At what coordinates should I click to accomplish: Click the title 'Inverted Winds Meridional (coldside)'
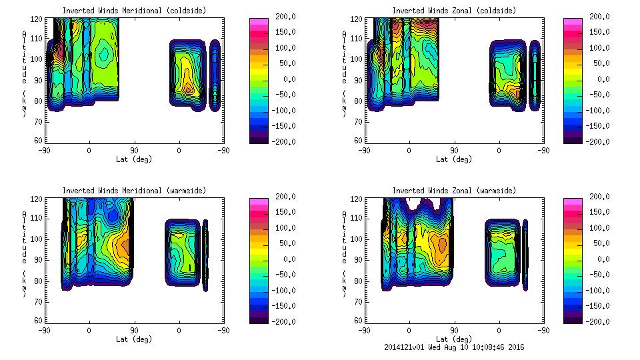click(134, 11)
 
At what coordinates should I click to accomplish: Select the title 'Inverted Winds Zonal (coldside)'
click(453, 11)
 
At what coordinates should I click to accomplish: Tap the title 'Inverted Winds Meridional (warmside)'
click(134, 191)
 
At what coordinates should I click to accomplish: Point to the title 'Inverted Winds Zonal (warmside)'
click(453, 191)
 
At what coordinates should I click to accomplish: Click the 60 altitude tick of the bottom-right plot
click(359, 321)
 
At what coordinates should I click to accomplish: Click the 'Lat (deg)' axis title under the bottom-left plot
click(134, 339)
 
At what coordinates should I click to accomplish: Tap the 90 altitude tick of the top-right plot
click(359, 79)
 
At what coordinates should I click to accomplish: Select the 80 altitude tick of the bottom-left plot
click(38, 280)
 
